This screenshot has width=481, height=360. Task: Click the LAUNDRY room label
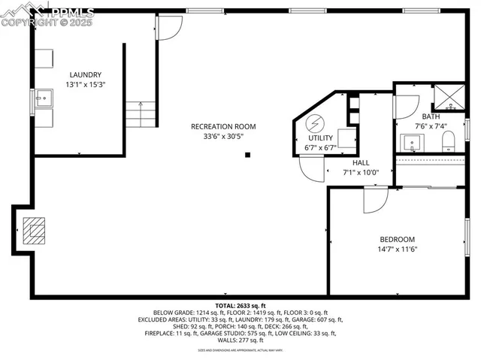coord(85,74)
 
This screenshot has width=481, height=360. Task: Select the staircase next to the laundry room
coord(141,114)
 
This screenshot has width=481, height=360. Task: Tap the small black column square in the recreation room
coord(247,156)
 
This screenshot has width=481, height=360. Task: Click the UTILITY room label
coord(321,138)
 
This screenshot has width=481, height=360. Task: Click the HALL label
coord(361,162)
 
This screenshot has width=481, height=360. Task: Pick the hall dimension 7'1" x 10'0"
coord(361,172)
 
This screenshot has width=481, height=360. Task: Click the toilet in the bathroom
coord(448,140)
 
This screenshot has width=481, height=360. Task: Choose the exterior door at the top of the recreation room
coord(170,28)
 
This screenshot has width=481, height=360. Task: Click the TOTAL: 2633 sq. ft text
coord(240,306)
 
